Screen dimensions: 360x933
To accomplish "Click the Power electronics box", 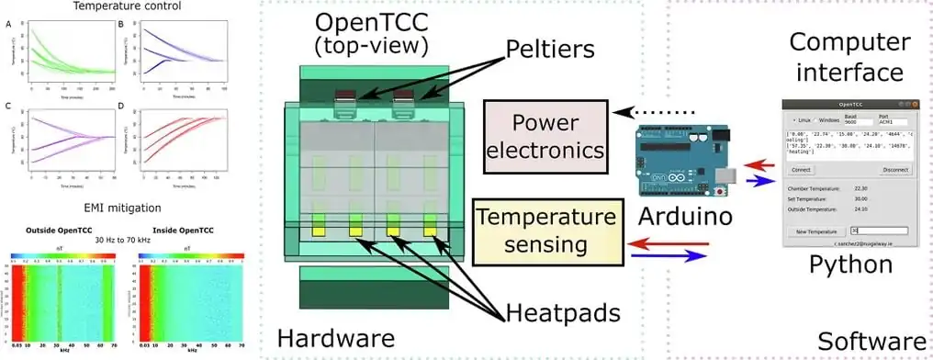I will (x=547, y=135).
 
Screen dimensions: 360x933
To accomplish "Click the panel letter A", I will (x=10, y=25).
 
